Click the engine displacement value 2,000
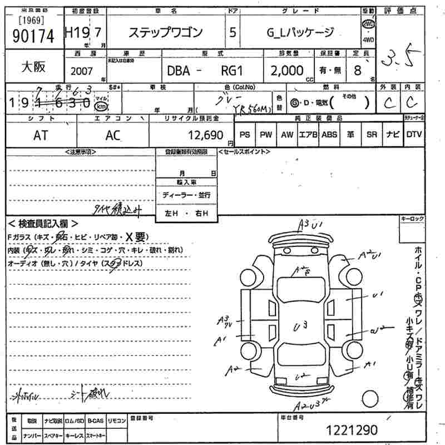click(x=287, y=71)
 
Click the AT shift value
click(x=40, y=135)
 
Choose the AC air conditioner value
click(x=113, y=135)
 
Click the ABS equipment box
click(x=329, y=135)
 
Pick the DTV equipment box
click(x=414, y=135)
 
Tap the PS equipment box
click(x=245, y=135)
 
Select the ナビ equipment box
click(x=393, y=135)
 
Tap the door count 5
click(x=232, y=33)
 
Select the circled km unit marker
click(x=101, y=105)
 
